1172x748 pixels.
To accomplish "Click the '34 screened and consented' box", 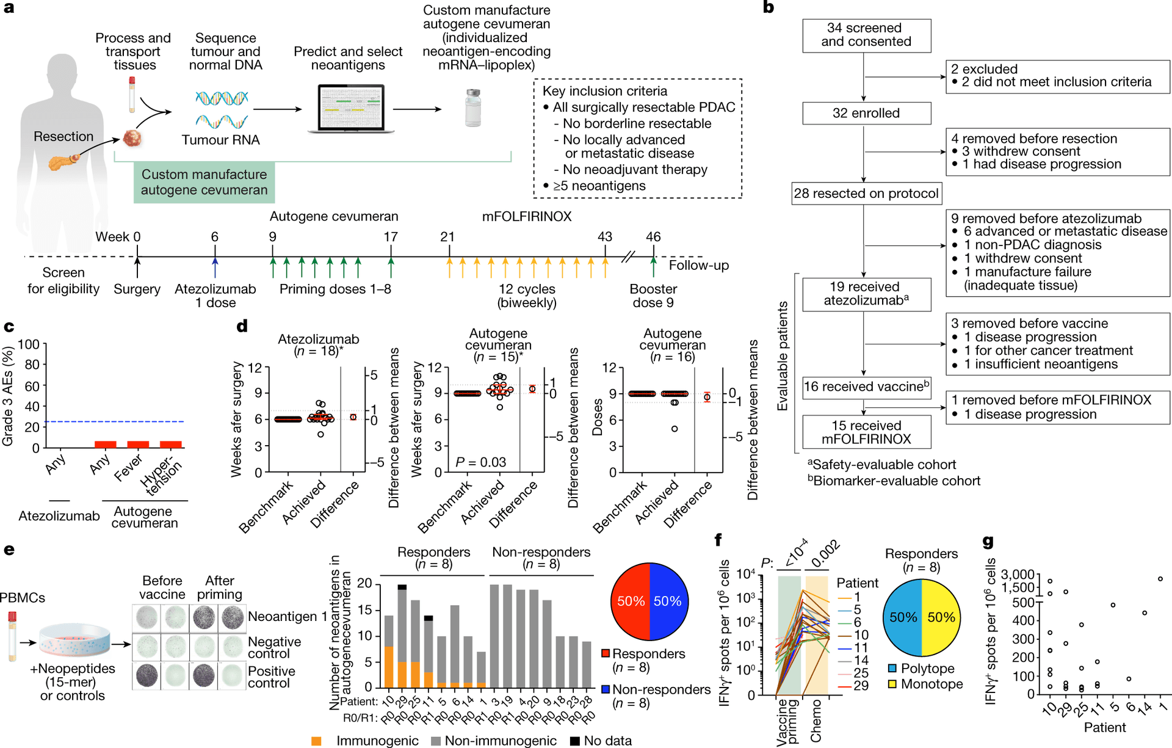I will pos(866,35).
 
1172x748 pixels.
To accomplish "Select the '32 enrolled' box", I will pos(866,114).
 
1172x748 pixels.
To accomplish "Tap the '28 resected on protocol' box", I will pos(866,194).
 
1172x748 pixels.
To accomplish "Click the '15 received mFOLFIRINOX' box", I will pos(866,432).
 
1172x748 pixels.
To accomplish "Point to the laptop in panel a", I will pos(351,109).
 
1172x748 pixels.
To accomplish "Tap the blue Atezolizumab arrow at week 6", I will pos(215,267).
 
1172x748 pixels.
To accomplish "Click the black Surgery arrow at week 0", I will pos(137,267).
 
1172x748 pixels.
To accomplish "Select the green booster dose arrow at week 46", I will pos(653,267).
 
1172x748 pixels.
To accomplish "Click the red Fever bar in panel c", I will pos(138,445).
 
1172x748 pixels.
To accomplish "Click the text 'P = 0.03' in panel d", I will pos(480,463).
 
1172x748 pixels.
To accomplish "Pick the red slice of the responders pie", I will pos(630,601).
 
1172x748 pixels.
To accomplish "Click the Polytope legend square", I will pos(892,669).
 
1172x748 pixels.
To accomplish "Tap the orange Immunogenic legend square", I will pos(316,741).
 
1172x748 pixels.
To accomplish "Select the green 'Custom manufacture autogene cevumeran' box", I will pos(204,182).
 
